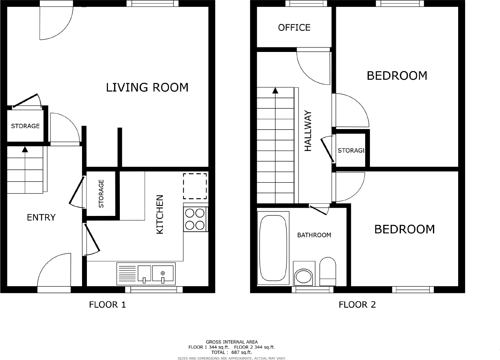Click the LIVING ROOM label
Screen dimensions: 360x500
click(147, 87)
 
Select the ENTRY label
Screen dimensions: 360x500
click(41, 218)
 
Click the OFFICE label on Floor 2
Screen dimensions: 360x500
click(294, 28)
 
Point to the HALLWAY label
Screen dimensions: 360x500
click(308, 131)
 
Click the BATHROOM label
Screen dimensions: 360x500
click(314, 235)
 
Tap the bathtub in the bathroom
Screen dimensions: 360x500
click(273, 248)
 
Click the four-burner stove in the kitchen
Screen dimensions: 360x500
click(195, 219)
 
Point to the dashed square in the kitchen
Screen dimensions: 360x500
click(195, 186)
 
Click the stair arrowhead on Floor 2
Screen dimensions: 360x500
click(275, 91)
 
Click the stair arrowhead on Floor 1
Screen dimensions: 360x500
click(25, 149)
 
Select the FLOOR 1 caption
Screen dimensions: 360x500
click(107, 304)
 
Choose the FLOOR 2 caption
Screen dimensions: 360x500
click(357, 304)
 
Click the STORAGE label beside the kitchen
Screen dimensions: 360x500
click(101, 194)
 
